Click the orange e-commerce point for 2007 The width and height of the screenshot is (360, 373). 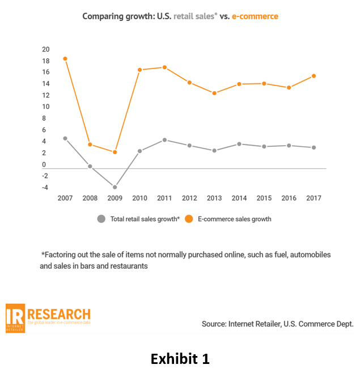coord(65,59)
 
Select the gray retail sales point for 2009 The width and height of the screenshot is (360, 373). coord(115,187)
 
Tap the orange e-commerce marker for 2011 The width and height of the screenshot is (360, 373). coord(164,67)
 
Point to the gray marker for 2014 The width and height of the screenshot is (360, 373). coord(239,144)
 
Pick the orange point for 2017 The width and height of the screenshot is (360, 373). coord(314,76)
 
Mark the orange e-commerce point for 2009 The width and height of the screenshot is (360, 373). coord(115,152)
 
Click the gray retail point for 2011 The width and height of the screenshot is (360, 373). coord(164,140)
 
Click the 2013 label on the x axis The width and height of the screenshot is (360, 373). coord(214,198)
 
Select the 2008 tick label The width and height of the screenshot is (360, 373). coord(90,198)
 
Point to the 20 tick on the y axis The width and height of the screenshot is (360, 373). coord(45,49)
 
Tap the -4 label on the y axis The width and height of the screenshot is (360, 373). coord(45,188)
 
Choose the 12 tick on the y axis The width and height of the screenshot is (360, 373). coord(45,95)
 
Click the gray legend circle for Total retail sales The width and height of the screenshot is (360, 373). coord(101,219)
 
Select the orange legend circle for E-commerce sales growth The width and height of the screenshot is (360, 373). coord(189,219)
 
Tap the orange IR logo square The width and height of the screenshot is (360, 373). coord(15,318)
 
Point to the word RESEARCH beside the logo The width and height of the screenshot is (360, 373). coord(58,314)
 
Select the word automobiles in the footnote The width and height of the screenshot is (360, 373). coord(308,255)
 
